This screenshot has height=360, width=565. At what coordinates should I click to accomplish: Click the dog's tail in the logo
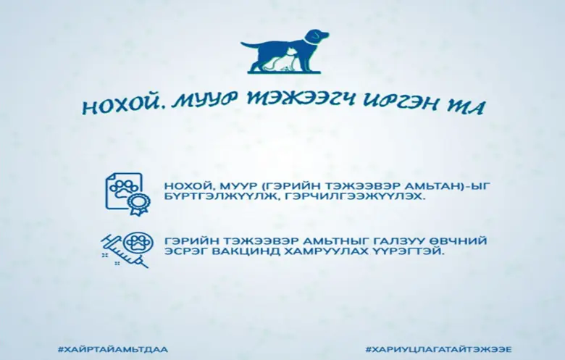(250, 45)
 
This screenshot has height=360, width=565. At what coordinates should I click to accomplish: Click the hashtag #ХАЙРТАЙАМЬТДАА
(112, 349)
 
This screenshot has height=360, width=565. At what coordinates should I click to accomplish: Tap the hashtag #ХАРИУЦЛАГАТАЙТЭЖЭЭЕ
(438, 349)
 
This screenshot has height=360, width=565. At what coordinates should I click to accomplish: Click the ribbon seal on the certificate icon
(139, 204)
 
